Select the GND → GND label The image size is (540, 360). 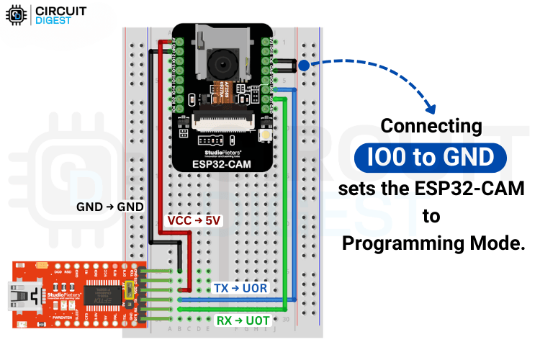(x=111, y=207)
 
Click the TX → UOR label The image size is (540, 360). (x=240, y=288)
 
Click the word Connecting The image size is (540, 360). (x=431, y=125)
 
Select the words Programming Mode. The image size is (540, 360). (x=433, y=243)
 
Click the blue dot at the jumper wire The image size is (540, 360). (x=304, y=66)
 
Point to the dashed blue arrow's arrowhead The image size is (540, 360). (x=433, y=109)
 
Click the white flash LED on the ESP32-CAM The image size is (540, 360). (x=266, y=135)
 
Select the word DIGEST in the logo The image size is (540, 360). (x=53, y=21)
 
